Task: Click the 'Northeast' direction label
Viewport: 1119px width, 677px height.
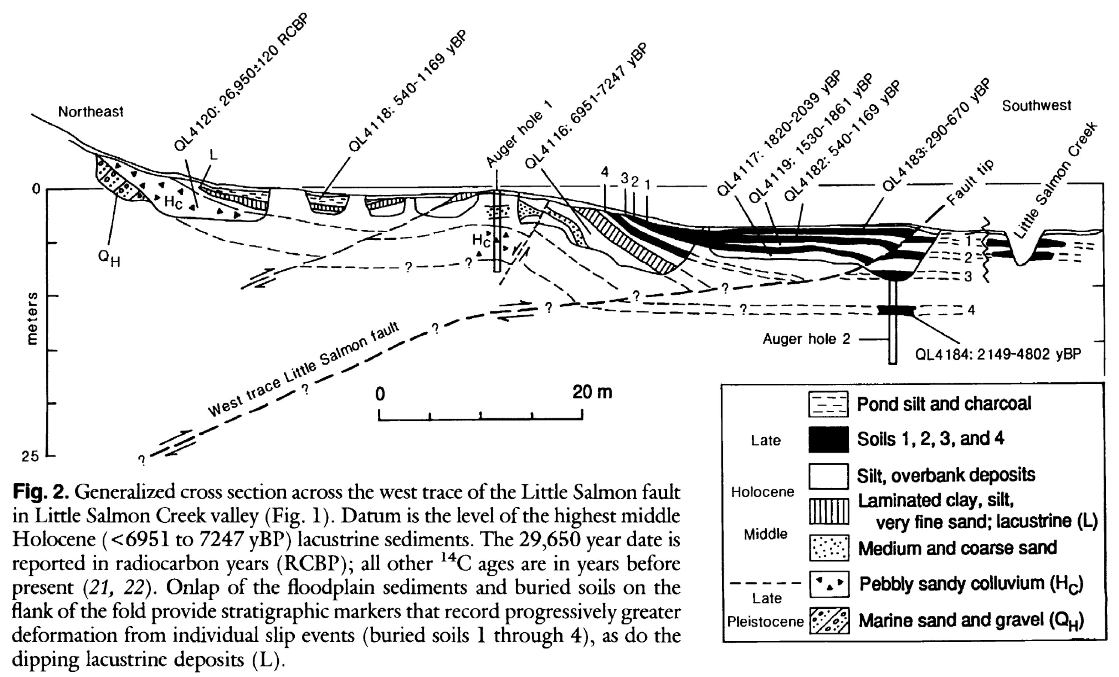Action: tap(90, 112)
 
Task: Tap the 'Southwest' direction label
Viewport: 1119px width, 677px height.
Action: tap(1036, 106)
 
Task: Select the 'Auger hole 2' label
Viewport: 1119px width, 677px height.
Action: tap(806, 339)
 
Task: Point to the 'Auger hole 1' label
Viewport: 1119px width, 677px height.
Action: tap(520, 134)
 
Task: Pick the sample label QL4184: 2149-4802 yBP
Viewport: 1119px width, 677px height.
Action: tap(998, 354)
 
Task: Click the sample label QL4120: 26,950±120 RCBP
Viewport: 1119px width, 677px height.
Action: tap(241, 82)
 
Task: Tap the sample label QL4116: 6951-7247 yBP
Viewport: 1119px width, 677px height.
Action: tap(586, 107)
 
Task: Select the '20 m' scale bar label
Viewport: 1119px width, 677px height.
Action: tap(592, 392)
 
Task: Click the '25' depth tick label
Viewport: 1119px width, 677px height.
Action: tap(30, 457)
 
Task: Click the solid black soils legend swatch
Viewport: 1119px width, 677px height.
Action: tap(828, 440)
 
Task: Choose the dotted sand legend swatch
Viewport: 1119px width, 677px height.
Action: tap(828, 548)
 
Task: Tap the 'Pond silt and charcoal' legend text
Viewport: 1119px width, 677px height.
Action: tap(944, 404)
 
